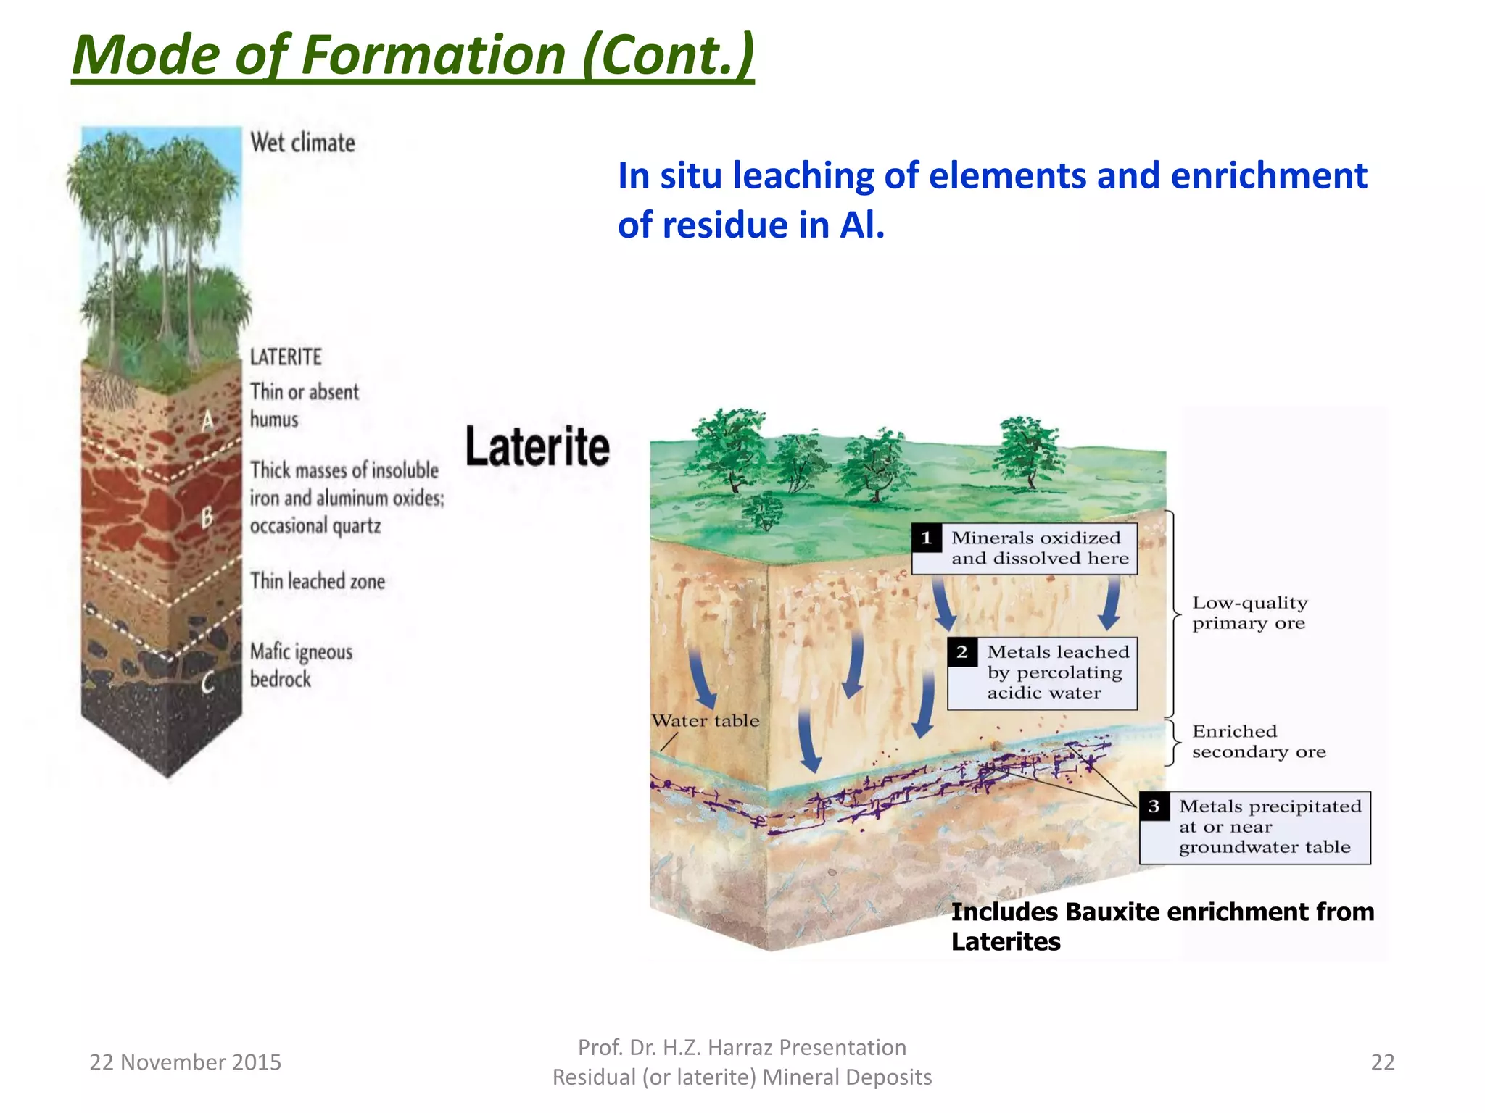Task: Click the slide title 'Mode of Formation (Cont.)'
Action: coord(413,55)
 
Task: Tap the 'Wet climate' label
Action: coord(302,143)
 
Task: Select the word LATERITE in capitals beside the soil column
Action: coord(286,357)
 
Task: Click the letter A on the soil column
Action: coord(208,420)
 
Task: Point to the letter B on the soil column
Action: coord(207,517)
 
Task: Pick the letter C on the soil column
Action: coord(208,682)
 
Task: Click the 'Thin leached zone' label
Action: coord(318,581)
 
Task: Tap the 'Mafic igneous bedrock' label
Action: coord(301,665)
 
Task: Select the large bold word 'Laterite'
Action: coord(537,446)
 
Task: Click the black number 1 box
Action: coord(927,538)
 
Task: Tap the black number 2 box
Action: coord(962,652)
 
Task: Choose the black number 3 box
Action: coord(1154,806)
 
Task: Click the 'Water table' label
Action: coord(706,721)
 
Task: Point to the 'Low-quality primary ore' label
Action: coord(1249,613)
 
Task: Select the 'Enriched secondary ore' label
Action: coord(1259,741)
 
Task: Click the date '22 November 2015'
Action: coord(185,1062)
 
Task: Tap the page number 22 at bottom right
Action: coord(1383,1062)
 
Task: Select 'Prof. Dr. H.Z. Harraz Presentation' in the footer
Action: coord(742,1047)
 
